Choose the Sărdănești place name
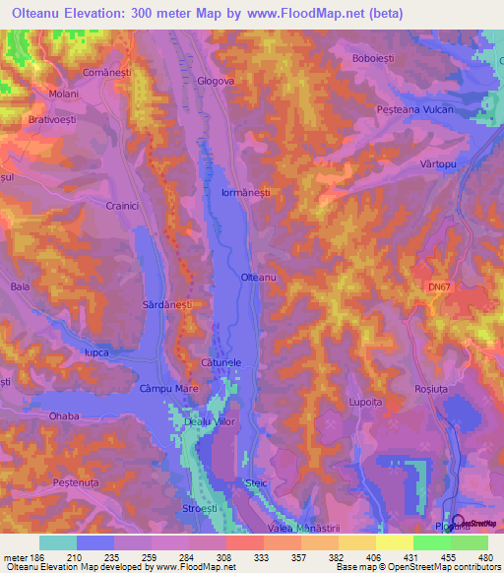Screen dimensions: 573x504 pyautogui.click(x=166, y=306)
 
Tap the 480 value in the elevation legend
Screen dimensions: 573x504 pyautogui.click(x=483, y=556)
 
